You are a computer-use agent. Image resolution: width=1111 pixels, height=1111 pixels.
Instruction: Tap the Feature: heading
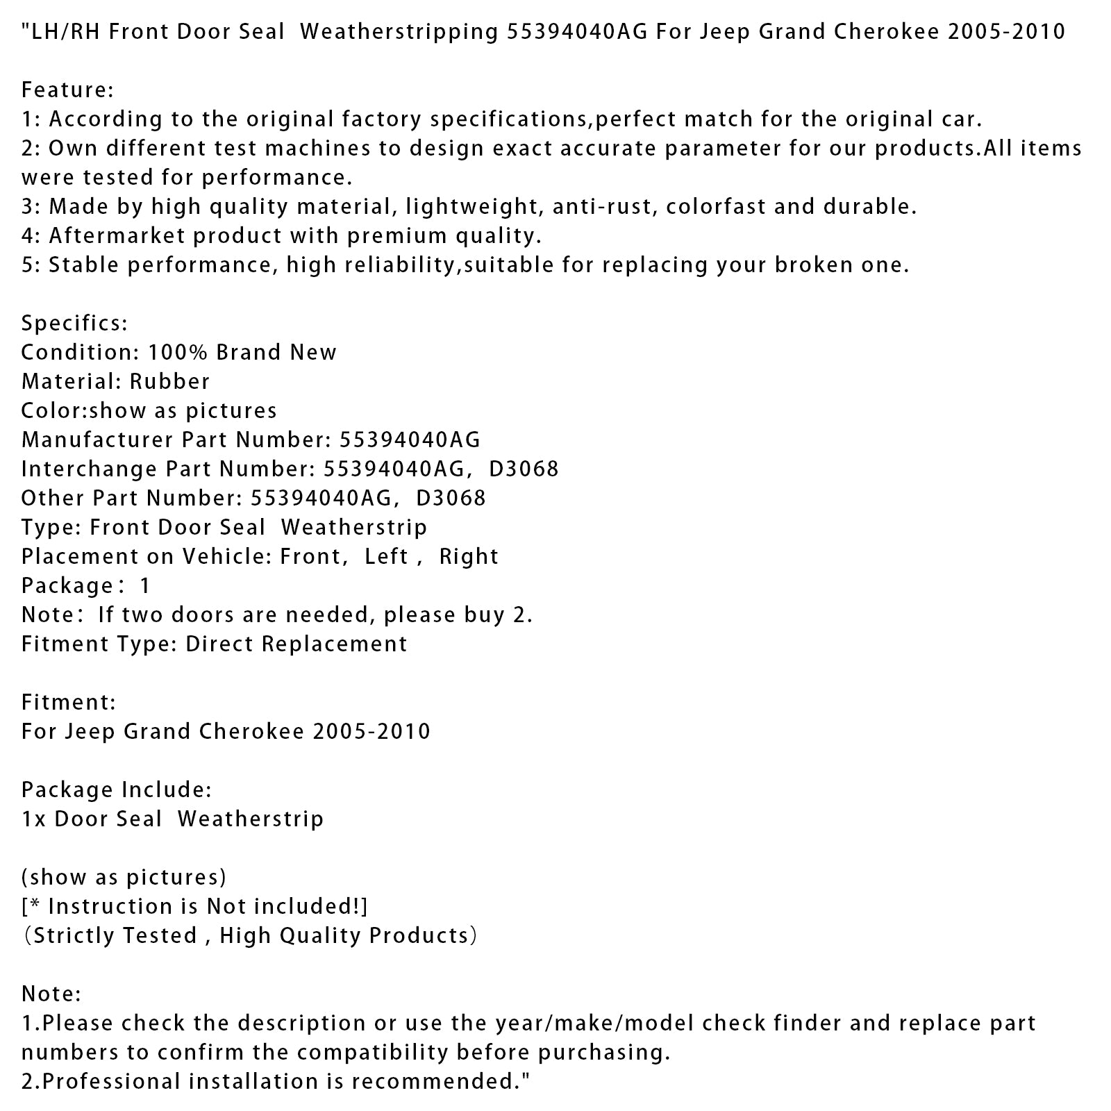tap(67, 90)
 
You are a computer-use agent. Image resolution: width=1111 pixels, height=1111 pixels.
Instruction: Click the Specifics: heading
tap(74, 324)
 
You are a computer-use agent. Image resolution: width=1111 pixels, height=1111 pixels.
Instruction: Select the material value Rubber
tap(169, 382)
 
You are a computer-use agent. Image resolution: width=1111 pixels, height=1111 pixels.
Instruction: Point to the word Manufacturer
tap(97, 440)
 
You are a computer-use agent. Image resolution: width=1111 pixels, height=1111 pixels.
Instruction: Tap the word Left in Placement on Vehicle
tap(386, 557)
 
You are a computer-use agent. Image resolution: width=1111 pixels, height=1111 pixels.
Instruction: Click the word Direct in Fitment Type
tap(217, 644)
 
